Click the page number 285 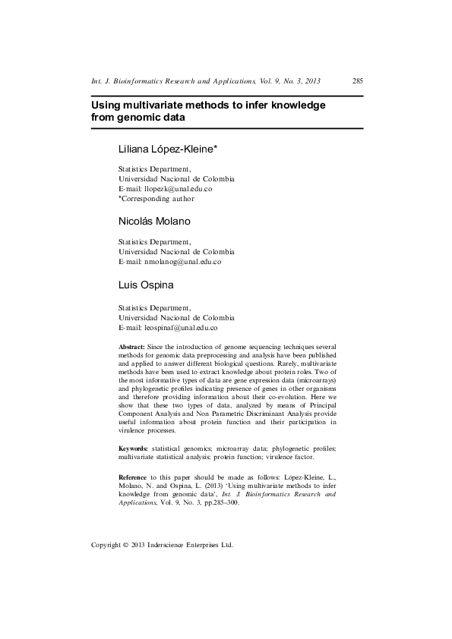[358, 80]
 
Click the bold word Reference [134, 476]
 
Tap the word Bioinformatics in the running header [138, 80]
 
